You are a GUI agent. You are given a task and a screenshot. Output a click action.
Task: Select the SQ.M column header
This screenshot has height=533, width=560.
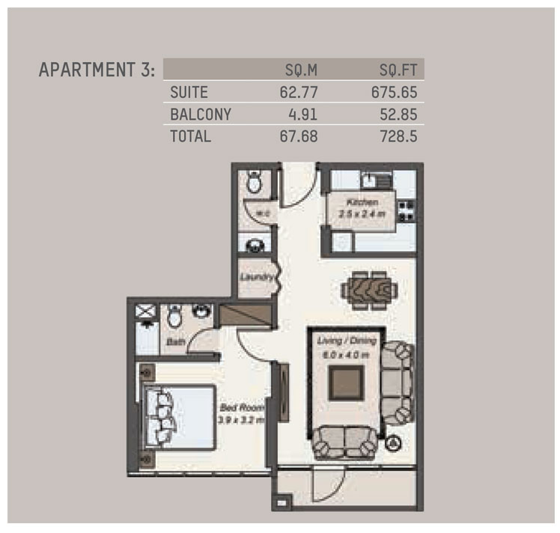[302, 70]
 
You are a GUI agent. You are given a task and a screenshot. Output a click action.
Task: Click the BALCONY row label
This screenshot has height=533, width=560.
[200, 115]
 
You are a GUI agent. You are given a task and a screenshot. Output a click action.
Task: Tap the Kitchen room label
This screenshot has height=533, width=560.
[362, 202]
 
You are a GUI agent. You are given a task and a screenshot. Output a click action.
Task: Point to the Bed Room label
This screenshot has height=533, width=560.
[237, 408]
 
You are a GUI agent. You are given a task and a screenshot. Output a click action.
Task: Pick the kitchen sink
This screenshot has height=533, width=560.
[368, 180]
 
